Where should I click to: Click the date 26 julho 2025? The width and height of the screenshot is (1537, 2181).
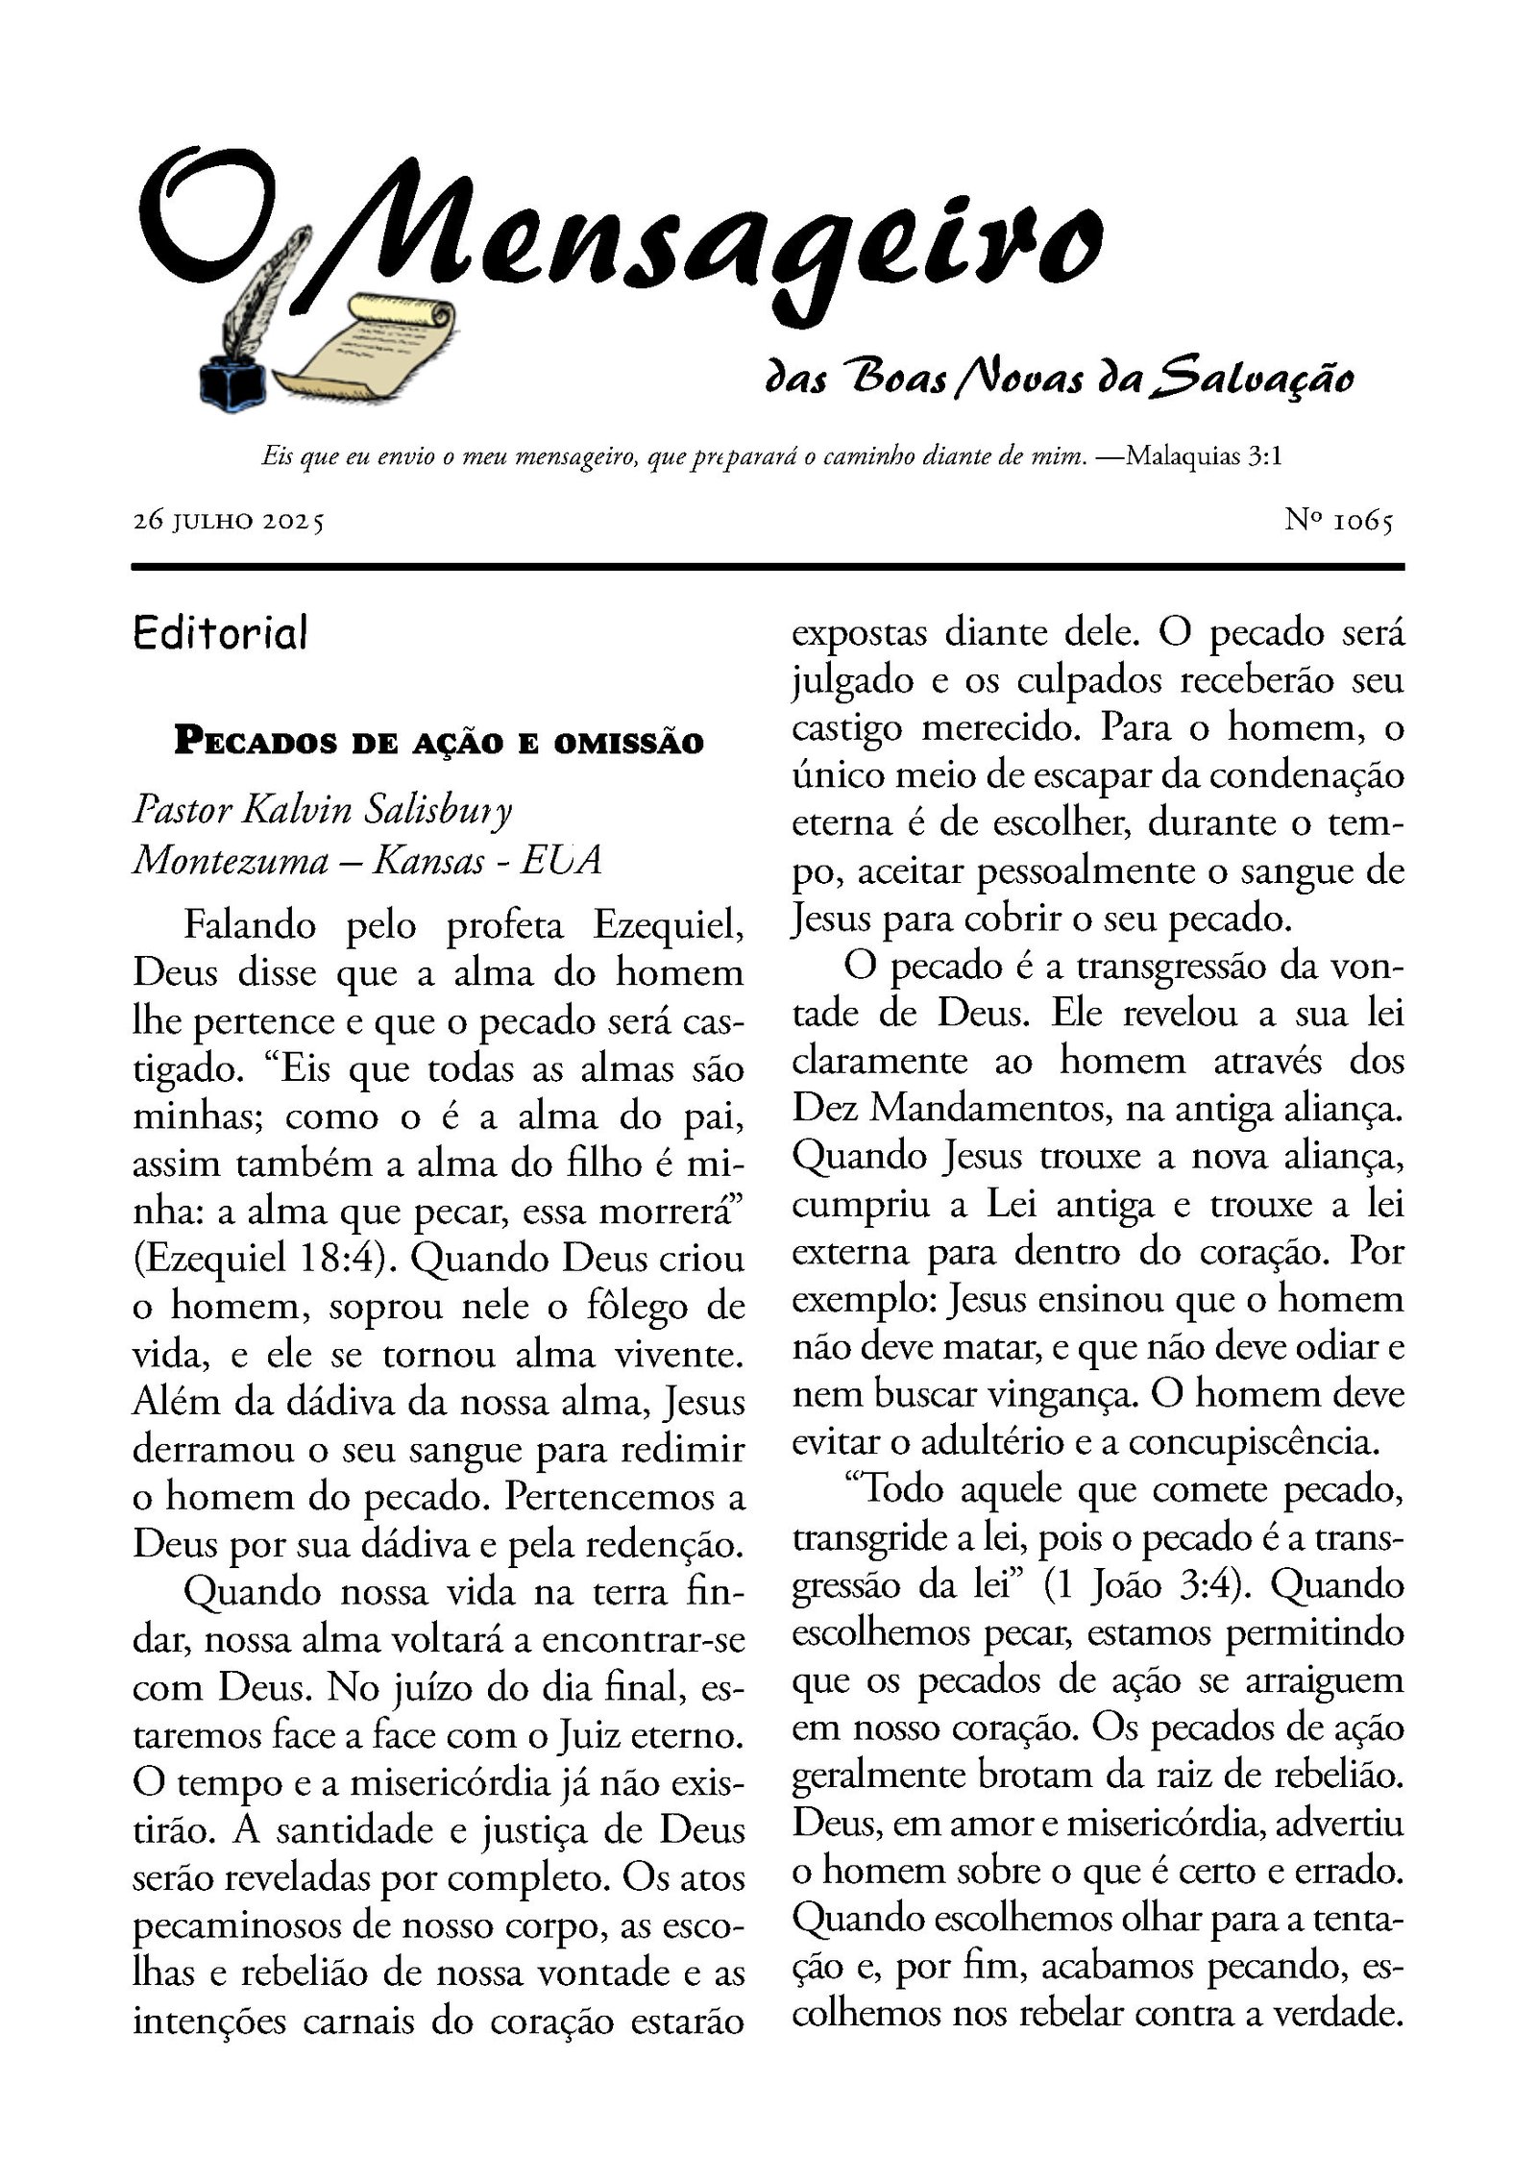click(229, 522)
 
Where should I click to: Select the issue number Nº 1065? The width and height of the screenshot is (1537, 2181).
click(1338, 521)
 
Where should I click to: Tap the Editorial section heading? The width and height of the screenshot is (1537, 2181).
click(221, 633)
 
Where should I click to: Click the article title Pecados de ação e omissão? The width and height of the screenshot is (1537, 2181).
click(439, 743)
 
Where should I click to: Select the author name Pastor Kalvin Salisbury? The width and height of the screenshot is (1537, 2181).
click(322, 810)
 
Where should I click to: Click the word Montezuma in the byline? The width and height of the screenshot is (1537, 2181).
click(230, 860)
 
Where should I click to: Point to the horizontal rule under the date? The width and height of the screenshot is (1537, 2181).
click(768, 567)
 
